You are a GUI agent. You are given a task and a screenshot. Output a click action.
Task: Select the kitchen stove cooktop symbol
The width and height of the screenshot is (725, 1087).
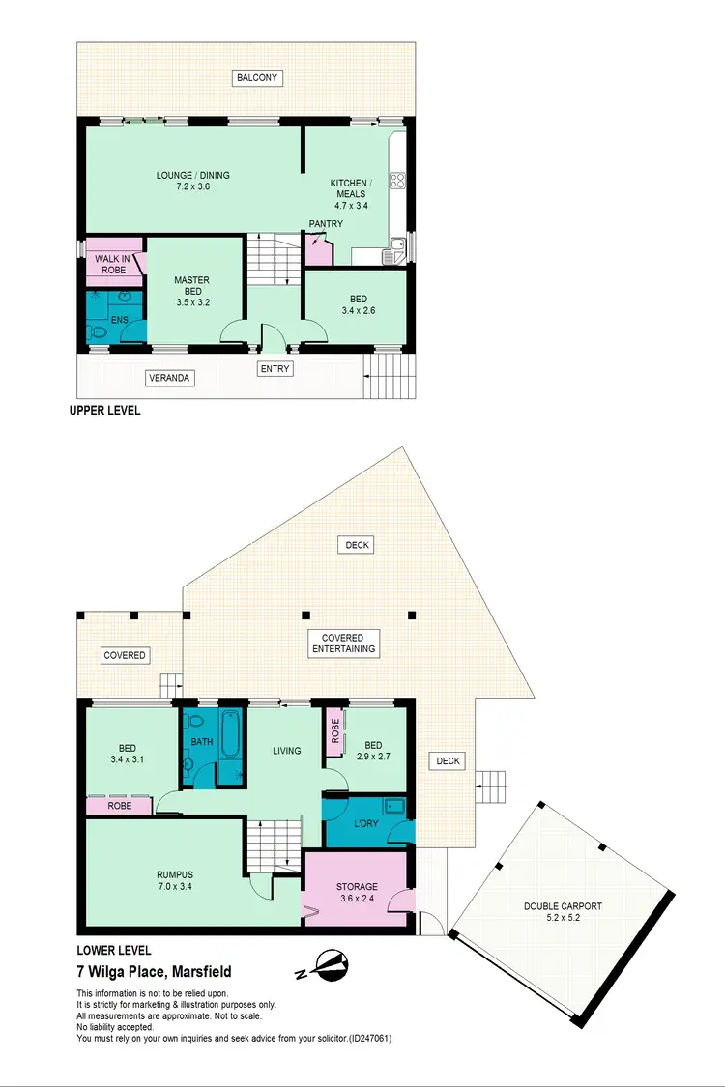[x=396, y=180]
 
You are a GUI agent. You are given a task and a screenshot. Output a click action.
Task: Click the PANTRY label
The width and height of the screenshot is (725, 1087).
[x=326, y=224]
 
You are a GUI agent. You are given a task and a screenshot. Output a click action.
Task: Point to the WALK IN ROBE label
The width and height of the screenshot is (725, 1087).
[x=110, y=264]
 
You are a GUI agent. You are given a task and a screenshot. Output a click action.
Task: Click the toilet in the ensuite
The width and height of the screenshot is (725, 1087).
[x=98, y=331]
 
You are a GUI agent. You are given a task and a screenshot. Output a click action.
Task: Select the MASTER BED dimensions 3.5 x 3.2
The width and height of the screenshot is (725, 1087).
[x=191, y=302]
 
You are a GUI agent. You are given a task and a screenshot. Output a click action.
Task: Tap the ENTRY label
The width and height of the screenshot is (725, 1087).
[x=275, y=368]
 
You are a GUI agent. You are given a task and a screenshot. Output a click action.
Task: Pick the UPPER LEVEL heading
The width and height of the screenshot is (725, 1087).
[x=104, y=411]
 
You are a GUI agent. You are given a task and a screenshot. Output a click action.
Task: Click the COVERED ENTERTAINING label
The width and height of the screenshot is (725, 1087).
[x=342, y=644]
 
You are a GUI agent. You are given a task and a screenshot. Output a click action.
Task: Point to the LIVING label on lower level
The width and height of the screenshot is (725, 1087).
[x=286, y=751]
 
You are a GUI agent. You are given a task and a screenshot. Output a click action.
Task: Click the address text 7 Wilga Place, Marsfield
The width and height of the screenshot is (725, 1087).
[x=154, y=972]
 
